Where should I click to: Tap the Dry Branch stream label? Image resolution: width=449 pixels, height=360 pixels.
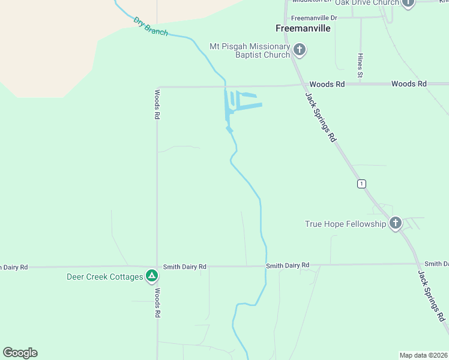151,27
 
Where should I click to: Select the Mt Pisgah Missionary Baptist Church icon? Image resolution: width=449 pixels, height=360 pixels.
300,50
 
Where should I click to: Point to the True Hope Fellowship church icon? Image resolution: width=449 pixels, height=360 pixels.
395,224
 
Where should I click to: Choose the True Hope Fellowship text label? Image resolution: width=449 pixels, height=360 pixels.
345,224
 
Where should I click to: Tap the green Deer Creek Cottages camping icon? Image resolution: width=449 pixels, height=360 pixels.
152,277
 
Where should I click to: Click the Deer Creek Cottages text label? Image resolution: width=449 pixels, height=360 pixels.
104,277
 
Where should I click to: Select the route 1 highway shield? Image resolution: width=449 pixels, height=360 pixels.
361,184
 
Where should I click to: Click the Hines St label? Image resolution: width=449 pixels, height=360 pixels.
360,65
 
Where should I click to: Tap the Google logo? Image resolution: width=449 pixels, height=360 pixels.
20,353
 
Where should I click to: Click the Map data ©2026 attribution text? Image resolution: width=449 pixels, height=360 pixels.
423,355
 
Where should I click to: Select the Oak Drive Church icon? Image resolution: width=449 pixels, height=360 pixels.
408,3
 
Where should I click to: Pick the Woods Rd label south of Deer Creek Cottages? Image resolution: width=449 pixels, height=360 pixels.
157,303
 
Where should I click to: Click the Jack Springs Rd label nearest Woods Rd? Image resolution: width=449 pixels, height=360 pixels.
320,116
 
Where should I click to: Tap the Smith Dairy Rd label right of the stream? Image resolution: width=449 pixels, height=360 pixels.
288,265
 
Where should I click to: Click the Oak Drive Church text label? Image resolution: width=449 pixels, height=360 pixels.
367,3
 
